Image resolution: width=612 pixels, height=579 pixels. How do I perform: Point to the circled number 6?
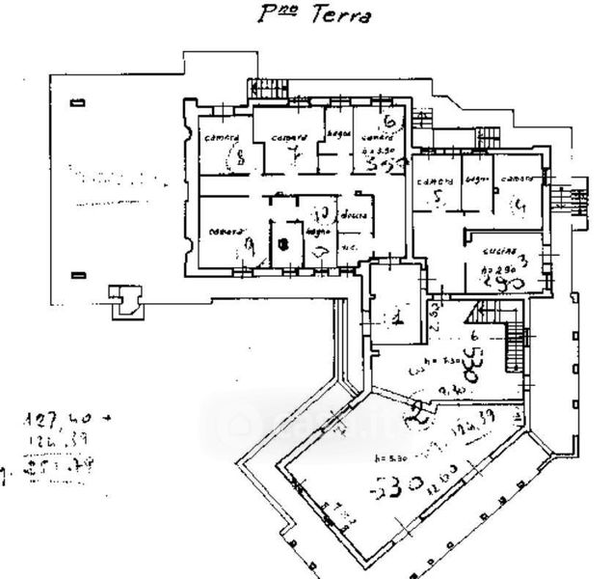pyautogui.click(x=390, y=124)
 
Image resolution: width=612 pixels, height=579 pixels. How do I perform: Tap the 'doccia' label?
pyautogui.click(x=353, y=216)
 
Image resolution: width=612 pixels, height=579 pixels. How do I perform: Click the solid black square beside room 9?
pyautogui.click(x=282, y=245)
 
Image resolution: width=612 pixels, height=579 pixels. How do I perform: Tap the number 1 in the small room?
pyautogui.click(x=397, y=317)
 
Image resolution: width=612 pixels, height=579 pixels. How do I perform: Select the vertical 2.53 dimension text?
pyautogui.click(x=436, y=316)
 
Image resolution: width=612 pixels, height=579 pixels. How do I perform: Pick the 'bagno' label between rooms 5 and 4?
pyautogui.click(x=473, y=179)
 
